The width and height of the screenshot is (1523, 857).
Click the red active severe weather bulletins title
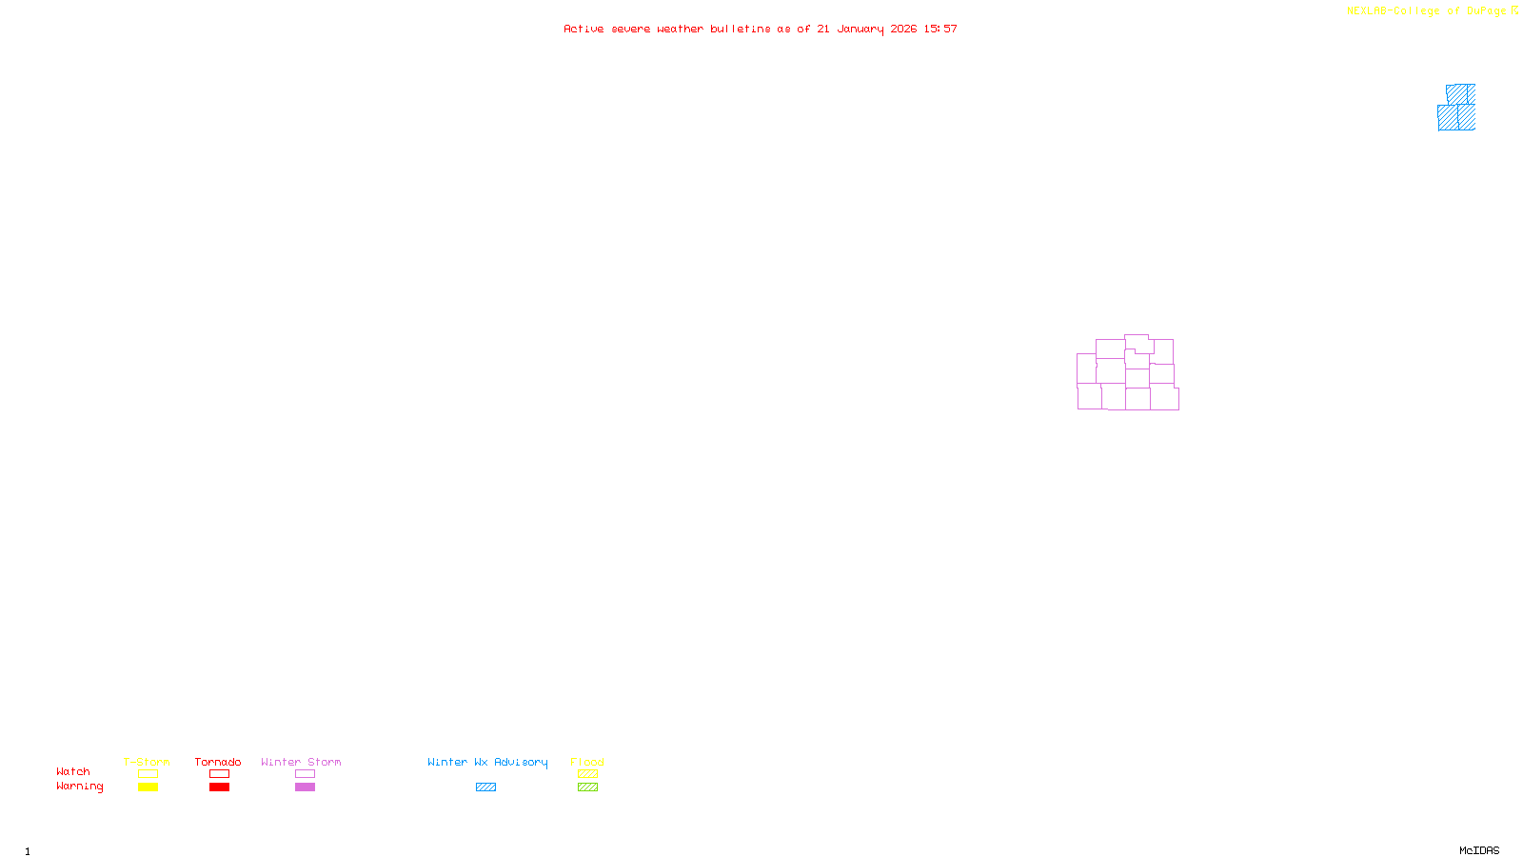click(x=760, y=29)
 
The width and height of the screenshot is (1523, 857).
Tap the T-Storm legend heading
click(x=147, y=762)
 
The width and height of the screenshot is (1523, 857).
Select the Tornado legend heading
click(x=218, y=762)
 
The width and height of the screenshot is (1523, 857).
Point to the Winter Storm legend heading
click(x=301, y=762)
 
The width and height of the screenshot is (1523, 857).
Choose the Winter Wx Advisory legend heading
click(x=487, y=762)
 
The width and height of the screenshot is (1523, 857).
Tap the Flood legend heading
click(x=587, y=762)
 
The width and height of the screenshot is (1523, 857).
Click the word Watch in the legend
click(x=73, y=771)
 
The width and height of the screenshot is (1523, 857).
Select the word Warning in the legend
click(x=79, y=787)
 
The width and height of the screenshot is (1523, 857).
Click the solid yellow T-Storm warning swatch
click(x=148, y=787)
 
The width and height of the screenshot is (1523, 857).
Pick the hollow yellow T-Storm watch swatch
click(x=148, y=774)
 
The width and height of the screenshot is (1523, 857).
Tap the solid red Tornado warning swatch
click(x=219, y=787)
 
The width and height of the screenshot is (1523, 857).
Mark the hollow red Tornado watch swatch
click(x=219, y=774)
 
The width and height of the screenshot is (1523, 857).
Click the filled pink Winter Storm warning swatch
click(x=305, y=787)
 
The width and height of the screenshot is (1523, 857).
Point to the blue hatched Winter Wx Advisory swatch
click(x=485, y=787)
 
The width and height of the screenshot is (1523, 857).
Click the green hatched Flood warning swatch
click(x=587, y=787)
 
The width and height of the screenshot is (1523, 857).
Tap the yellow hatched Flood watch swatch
click(x=587, y=774)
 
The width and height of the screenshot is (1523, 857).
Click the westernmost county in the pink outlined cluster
click(x=1086, y=369)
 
